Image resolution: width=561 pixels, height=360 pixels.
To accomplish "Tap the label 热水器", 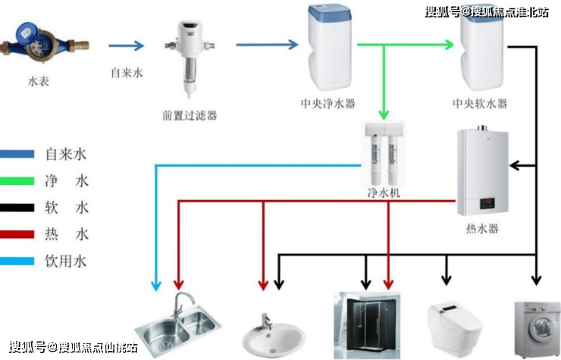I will (x=483, y=227).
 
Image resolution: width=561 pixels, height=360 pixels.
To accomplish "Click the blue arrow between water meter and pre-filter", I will (x=126, y=45).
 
